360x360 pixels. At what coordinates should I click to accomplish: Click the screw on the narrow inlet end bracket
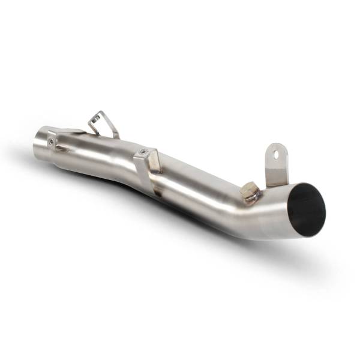click(53, 142)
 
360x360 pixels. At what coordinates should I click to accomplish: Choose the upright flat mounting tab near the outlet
click(275, 162)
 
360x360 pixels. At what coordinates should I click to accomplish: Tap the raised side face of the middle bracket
click(154, 162)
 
